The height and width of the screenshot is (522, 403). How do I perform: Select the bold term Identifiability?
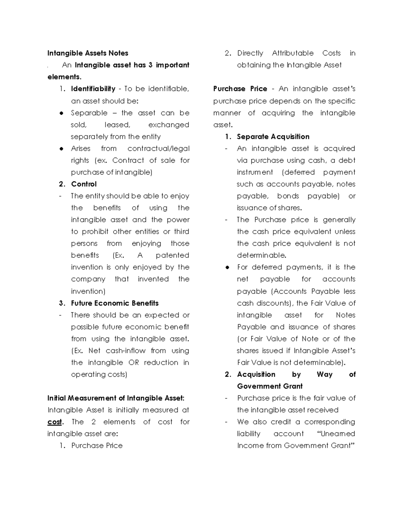coord(93,89)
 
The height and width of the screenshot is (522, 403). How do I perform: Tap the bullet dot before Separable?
coord(61,113)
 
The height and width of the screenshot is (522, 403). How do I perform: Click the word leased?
coord(117,125)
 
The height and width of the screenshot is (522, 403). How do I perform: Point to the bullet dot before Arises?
coord(61,149)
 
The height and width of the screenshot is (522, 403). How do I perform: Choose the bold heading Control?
coord(84,184)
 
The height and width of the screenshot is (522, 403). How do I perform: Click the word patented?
coord(172,255)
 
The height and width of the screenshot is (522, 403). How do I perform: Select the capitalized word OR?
coord(133,363)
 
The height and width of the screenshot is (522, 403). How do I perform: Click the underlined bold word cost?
coord(54,422)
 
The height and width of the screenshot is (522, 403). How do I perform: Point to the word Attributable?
coord(293,53)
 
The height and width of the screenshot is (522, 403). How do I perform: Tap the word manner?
coord(227,113)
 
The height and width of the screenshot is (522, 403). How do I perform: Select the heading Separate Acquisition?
coord(273,137)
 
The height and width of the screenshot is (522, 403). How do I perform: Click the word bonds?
coord(288,196)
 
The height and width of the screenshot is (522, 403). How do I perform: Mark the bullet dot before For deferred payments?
coord(227,268)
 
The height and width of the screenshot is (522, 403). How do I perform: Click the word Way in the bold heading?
coord(324,374)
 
